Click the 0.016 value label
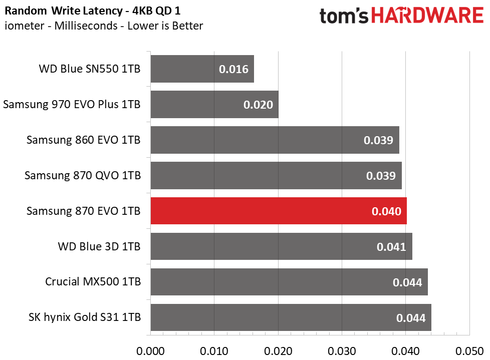click(x=233, y=69)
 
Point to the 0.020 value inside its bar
click(x=258, y=105)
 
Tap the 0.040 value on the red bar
click(x=386, y=211)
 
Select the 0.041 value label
click(x=391, y=247)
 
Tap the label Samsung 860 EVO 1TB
click(x=83, y=140)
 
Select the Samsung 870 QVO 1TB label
click(x=82, y=176)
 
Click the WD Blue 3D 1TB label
click(x=99, y=246)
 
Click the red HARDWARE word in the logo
click(x=427, y=16)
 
